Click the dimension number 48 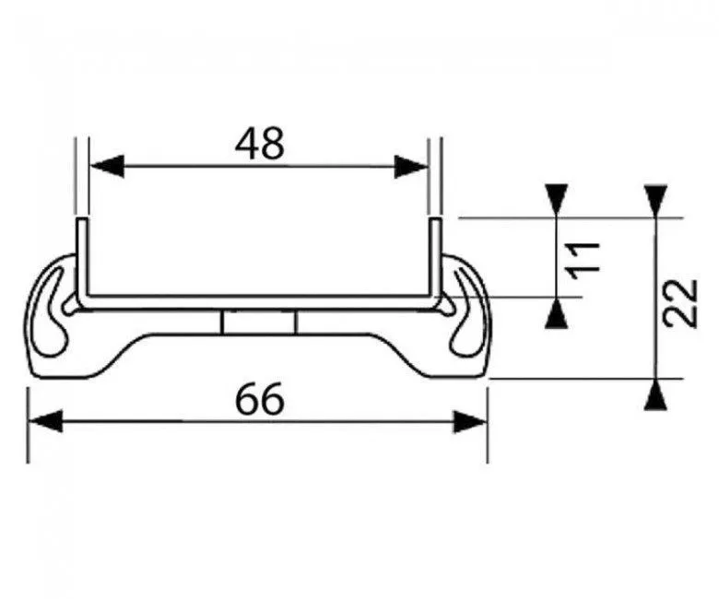(260, 144)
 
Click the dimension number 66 (260, 399)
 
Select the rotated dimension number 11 (583, 260)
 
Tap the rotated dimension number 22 (681, 303)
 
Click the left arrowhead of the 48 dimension (107, 166)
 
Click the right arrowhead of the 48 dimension (411, 167)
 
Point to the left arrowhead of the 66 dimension (45, 421)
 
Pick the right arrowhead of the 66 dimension (469, 422)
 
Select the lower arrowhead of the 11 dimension (556, 313)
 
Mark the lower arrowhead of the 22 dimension (655, 394)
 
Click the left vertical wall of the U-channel (82, 259)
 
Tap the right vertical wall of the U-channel (436, 259)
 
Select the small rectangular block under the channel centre (259, 323)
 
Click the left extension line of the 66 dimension (29, 426)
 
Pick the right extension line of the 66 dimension (487, 426)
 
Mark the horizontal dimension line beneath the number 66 (258, 422)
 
